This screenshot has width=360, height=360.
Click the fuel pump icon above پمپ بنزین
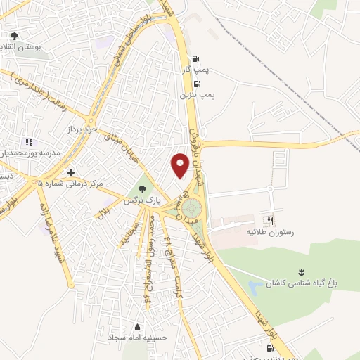(205, 83)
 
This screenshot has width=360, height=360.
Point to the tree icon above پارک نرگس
(143, 189)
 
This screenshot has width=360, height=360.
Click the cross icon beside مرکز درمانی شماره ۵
(70, 172)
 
